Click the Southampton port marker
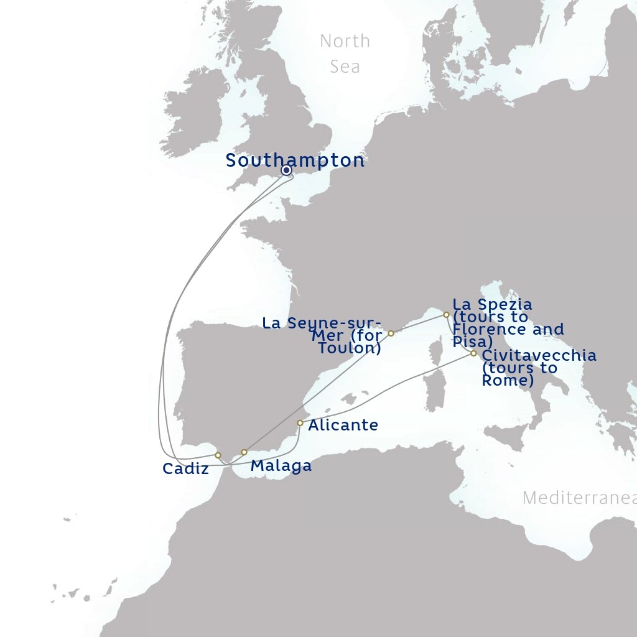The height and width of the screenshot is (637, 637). [x=287, y=170]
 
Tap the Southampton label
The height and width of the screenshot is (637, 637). [x=295, y=160]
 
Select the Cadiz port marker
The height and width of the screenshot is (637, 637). [x=218, y=455]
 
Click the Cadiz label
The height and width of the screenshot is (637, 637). [x=185, y=469]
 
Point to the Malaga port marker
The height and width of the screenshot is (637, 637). [x=244, y=452]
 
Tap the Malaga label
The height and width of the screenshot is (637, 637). [x=281, y=466]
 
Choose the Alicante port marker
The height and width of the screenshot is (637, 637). [x=300, y=423]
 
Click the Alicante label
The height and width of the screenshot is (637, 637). [x=343, y=425]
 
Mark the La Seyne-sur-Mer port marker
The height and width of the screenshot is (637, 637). [x=391, y=333]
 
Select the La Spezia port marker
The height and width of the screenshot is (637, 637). [x=446, y=315]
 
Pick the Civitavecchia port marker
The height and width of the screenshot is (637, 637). [x=473, y=353]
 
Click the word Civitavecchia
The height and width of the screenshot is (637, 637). [x=539, y=356]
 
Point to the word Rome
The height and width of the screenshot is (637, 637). [x=506, y=381]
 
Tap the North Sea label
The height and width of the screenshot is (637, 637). [x=345, y=53]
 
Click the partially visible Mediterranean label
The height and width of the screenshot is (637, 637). [x=579, y=498]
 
